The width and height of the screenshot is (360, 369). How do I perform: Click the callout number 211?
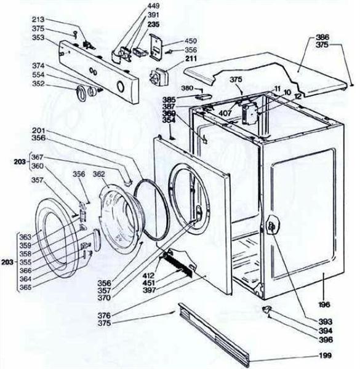point(173,60)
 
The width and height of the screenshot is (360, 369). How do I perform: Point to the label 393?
point(326,321)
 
